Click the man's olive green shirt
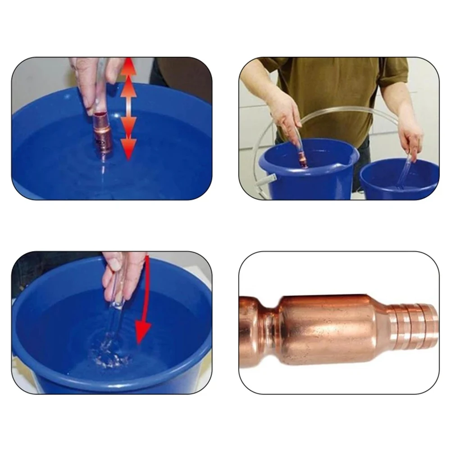pos(333,90)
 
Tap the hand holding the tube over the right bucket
pos(410,137)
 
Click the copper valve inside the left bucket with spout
pos(303,160)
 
